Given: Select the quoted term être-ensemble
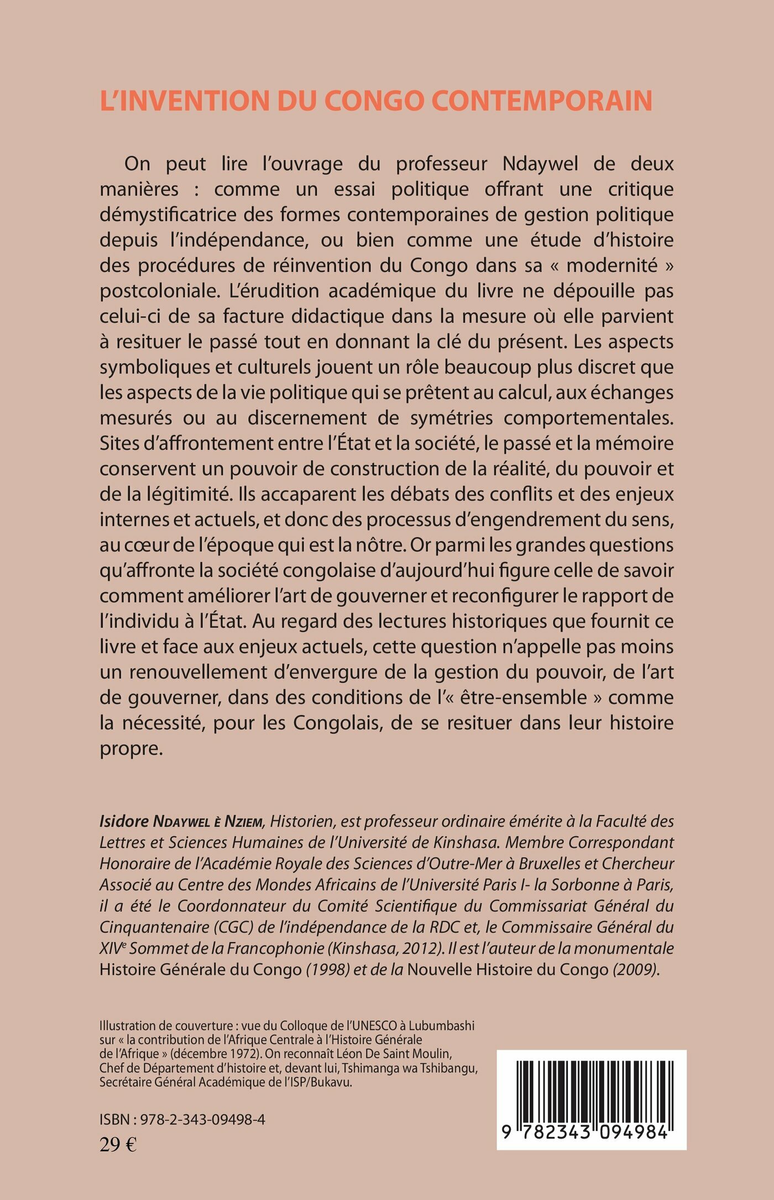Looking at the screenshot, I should [534, 697].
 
